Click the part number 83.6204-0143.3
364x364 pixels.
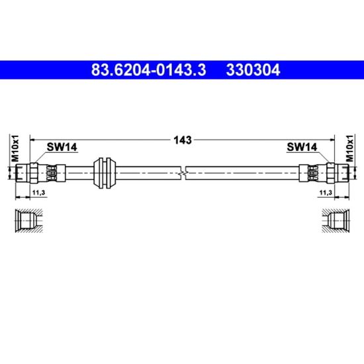tap(148, 70)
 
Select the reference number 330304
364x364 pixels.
tap(253, 70)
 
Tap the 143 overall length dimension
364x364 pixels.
tap(183, 140)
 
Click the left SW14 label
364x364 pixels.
tap(62, 147)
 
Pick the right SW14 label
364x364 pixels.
tap(302, 147)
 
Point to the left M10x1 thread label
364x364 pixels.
tap(15, 148)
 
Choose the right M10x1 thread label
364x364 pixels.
tap(349, 148)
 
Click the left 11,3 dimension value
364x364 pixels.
tap(38, 193)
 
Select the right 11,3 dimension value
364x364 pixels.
tap(326, 193)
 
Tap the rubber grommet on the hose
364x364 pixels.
tap(105, 173)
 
